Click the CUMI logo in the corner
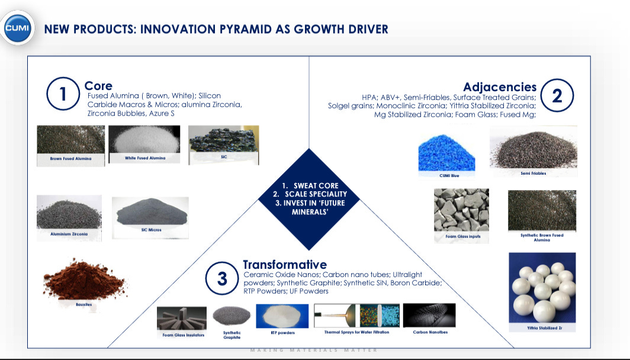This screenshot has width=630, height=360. point(17,28)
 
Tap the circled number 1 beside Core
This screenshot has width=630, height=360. point(63,94)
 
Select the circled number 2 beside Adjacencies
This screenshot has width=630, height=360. point(557,96)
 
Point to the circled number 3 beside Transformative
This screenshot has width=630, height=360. point(222,278)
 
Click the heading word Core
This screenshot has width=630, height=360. point(98,86)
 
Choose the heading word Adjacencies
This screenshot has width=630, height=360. point(500,87)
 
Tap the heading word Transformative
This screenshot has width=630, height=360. point(285,264)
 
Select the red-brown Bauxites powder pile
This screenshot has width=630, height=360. point(84,279)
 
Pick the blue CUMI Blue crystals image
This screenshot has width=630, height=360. point(447,153)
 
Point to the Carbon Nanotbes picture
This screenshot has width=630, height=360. point(429,316)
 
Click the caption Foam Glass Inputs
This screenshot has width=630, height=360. point(463,236)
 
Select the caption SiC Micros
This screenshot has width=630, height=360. point(151,230)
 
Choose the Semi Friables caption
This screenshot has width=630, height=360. point(533,173)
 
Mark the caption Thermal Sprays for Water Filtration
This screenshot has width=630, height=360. point(357,332)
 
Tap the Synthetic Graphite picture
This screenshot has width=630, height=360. point(232,316)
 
